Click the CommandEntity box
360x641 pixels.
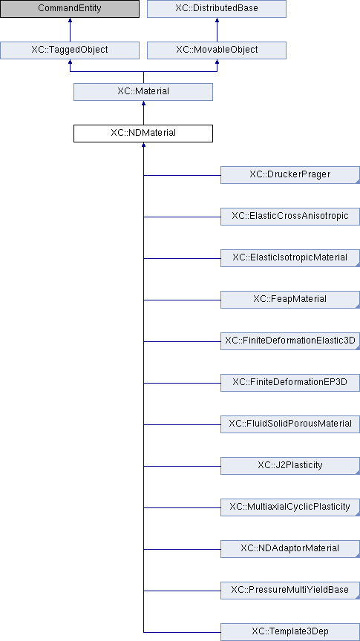point(70,9)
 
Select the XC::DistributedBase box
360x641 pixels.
point(217,9)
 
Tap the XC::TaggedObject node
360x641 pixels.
point(70,50)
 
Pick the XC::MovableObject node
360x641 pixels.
point(217,50)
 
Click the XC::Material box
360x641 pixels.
point(143,91)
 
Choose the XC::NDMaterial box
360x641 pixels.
point(143,134)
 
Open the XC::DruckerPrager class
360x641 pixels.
point(290,175)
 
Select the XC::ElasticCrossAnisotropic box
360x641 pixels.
point(290,216)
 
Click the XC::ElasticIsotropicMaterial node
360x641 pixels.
point(290,258)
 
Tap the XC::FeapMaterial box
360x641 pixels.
point(290,300)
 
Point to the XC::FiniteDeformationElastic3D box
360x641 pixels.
point(290,341)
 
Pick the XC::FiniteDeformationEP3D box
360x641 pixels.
point(290,383)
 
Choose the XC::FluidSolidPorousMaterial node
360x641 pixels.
point(290,424)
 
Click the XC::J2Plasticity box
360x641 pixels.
point(290,466)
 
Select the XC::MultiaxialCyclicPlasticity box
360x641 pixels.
point(290,507)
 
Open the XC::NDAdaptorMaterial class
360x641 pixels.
point(290,549)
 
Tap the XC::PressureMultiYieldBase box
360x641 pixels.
point(290,591)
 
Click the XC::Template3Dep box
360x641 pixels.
point(290,632)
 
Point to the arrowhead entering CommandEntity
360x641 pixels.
point(70,20)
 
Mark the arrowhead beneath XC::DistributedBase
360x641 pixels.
point(217,20)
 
